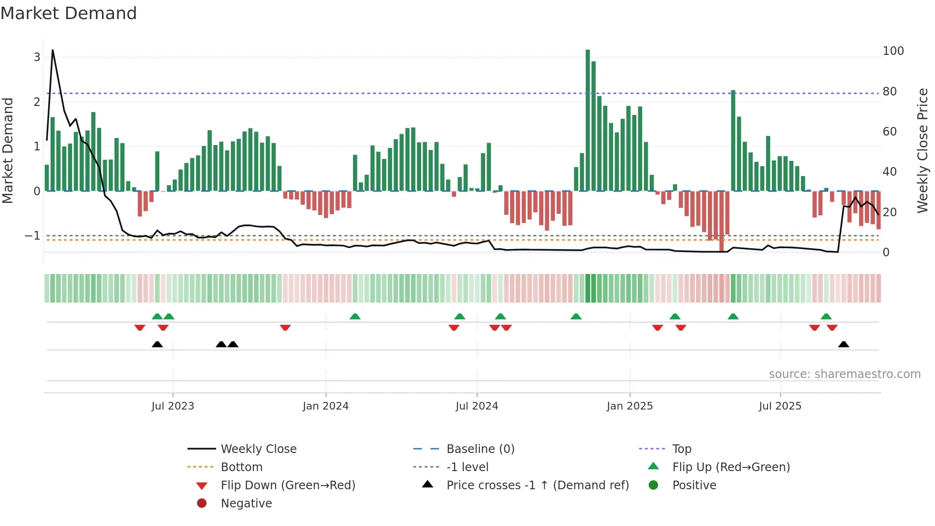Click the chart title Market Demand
coord(69,13)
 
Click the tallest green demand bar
coord(588,119)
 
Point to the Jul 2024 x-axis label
coord(477,406)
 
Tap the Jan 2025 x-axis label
coord(630,406)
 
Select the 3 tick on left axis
coord(37,57)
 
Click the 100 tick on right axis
coord(893,51)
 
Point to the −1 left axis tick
coord(32,236)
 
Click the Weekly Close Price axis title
coord(923,150)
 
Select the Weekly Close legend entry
coord(258,449)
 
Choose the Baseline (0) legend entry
coord(480,449)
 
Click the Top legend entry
coord(681,449)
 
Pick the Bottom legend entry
coord(241,467)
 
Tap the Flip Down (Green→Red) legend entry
coord(288,485)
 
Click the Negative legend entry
coord(246,504)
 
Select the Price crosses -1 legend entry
coord(537,485)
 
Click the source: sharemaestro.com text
coord(844,374)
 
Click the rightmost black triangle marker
coord(843,344)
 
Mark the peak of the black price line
coord(52,50)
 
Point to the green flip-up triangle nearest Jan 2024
coord(355,316)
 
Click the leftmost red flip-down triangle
coord(140,327)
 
